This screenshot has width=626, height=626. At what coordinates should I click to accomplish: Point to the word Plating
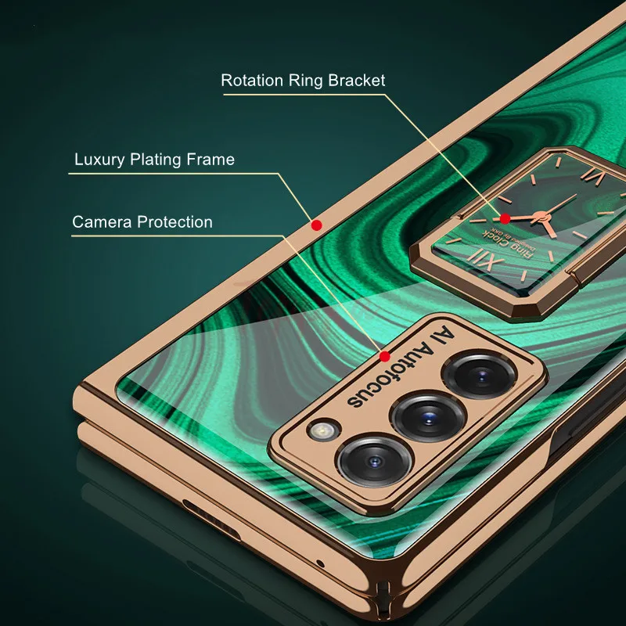[x=156, y=160]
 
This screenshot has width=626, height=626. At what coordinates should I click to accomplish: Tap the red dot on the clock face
[x=505, y=218]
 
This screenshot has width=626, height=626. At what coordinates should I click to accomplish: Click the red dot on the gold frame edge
[x=316, y=225]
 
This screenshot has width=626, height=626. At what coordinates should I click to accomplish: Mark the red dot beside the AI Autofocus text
[x=384, y=357]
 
